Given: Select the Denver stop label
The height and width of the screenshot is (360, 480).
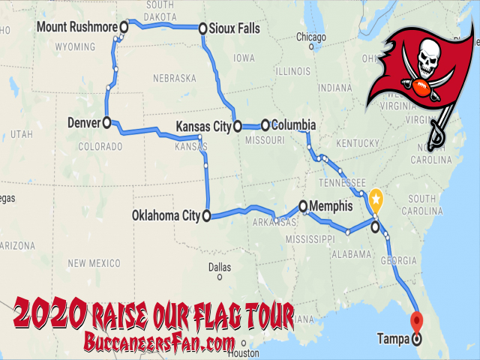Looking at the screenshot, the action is [x=84, y=121].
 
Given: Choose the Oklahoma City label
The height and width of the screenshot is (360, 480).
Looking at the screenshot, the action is [x=165, y=216].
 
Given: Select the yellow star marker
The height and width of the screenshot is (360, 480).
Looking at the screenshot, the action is [x=375, y=200].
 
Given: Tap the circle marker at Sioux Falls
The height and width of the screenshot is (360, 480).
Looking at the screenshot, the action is [x=202, y=29].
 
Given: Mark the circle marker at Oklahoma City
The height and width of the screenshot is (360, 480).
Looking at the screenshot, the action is [x=205, y=216].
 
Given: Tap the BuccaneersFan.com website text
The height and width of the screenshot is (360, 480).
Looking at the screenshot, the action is [x=154, y=342].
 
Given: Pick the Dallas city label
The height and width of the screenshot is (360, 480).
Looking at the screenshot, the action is [x=220, y=266].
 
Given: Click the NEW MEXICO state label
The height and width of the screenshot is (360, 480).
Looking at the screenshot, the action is [x=93, y=263].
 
